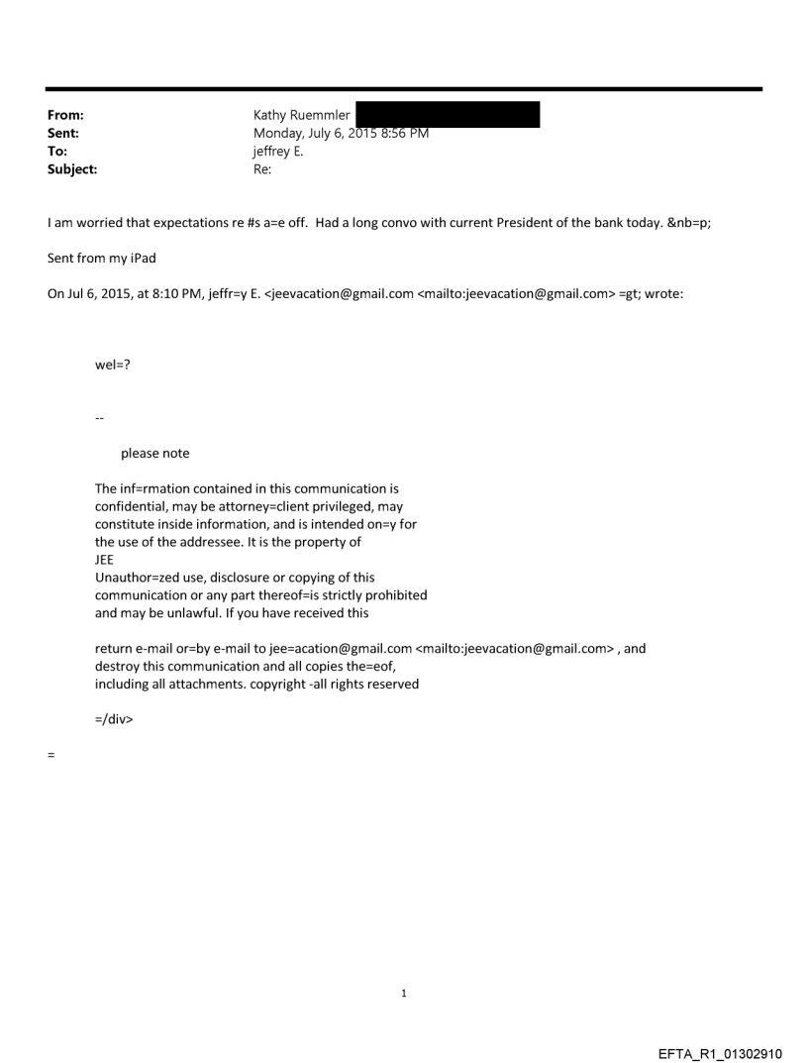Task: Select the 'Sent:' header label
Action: pos(62,134)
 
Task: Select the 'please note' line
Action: pos(154,454)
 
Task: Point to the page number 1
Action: pos(404,993)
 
